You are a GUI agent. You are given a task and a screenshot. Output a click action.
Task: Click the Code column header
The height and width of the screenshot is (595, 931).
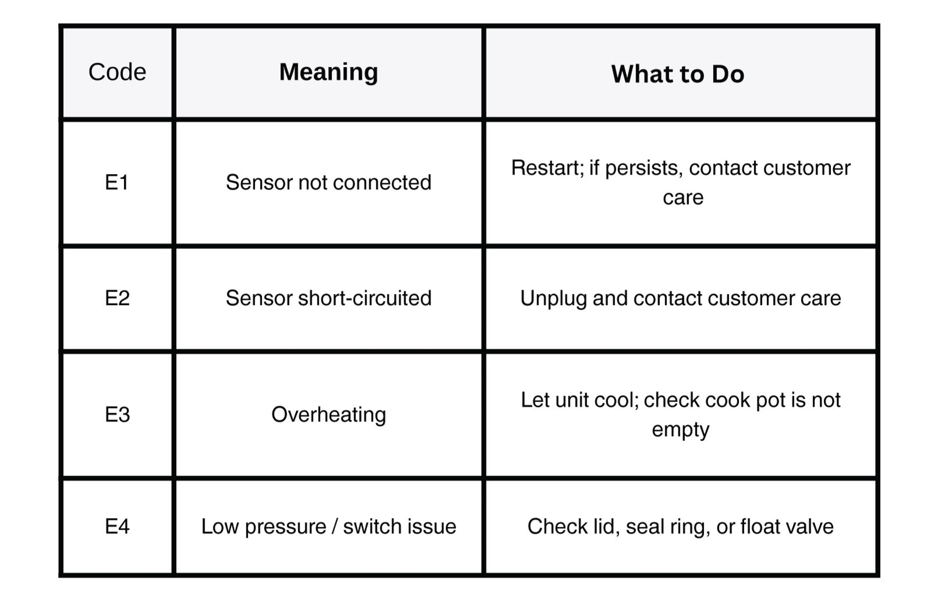click(117, 72)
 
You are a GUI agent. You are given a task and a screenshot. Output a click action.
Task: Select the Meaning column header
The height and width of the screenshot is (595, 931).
click(329, 72)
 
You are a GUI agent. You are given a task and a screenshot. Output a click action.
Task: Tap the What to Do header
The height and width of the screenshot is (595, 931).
click(677, 74)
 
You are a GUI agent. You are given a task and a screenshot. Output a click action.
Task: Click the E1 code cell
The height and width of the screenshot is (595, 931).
click(116, 182)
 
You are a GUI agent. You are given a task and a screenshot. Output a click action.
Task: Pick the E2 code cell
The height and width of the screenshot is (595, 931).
click(117, 297)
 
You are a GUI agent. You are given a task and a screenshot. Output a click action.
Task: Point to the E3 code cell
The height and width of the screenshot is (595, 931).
click(117, 414)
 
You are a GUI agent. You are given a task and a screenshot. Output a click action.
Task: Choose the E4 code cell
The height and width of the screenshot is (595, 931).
click(117, 526)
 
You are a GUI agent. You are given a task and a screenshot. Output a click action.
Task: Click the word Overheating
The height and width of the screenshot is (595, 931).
click(329, 415)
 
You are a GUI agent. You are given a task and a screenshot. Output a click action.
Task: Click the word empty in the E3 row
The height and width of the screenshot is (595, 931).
click(681, 430)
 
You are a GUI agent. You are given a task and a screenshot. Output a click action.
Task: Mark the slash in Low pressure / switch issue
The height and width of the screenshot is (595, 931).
click(335, 526)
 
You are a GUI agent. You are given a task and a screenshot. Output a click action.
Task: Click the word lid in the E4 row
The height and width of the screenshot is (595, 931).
click(606, 527)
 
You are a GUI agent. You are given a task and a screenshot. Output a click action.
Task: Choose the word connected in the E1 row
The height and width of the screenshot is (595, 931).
click(382, 183)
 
